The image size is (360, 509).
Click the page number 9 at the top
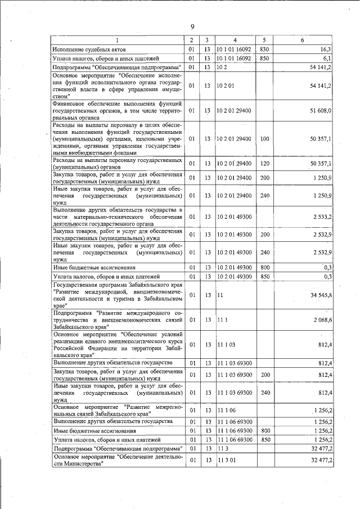pyautogui.click(x=192, y=27)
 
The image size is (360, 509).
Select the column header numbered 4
pyautogui.click(x=235, y=40)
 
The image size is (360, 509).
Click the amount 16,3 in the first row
pyautogui.click(x=326, y=49)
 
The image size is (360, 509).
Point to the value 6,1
pyautogui.click(x=327, y=58)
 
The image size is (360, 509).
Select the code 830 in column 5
pyautogui.click(x=263, y=49)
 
